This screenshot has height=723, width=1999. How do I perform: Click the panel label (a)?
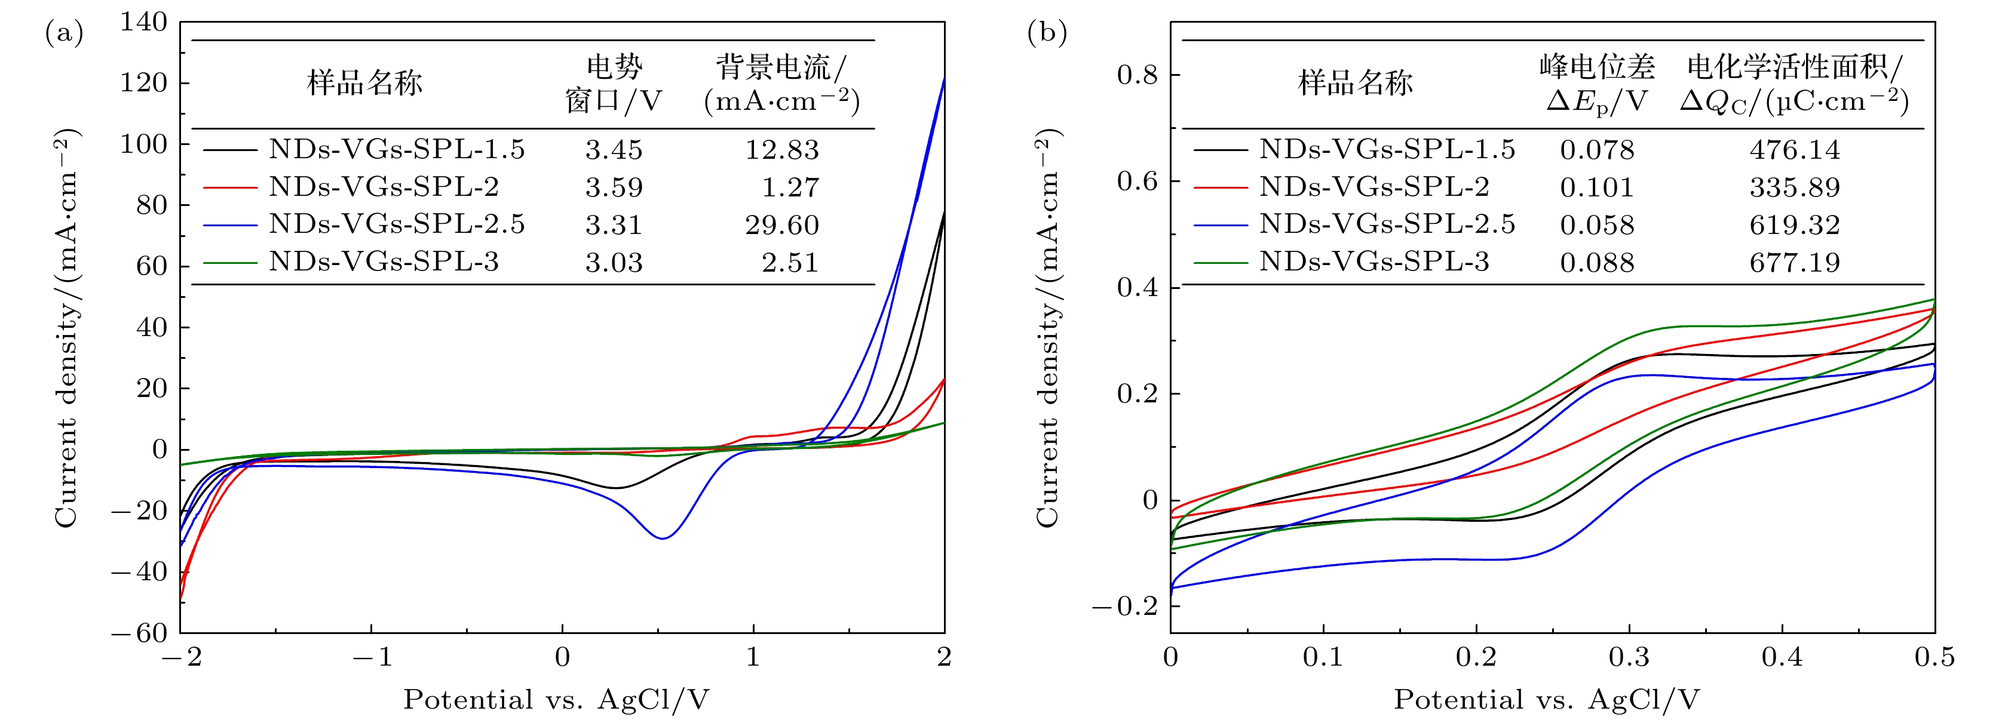[x=64, y=33]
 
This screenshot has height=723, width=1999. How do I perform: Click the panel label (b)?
[x=1047, y=33]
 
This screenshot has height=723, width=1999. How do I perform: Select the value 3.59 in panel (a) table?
[x=614, y=187]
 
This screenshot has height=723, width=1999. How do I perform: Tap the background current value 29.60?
[x=781, y=225]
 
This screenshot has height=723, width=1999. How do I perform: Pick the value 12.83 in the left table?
[x=781, y=150]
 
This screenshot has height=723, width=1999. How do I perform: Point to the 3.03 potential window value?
[x=614, y=263]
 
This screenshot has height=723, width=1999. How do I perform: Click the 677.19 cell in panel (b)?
[x=1794, y=263]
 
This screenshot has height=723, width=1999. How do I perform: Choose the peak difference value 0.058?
[x=1596, y=225]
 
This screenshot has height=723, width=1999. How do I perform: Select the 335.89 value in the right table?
[x=1794, y=187]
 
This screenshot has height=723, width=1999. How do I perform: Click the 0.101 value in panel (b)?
[x=1596, y=187]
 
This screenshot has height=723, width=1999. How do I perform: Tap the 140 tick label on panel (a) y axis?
[x=143, y=23]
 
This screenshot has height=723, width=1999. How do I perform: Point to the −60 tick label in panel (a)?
[x=140, y=633]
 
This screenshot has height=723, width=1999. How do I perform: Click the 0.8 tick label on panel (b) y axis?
[x=1137, y=75]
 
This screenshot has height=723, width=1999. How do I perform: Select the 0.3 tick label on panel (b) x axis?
[x=1629, y=658]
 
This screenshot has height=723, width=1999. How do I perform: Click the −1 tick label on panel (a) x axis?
[x=372, y=658]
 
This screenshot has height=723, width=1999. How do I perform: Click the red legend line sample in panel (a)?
[x=229, y=187]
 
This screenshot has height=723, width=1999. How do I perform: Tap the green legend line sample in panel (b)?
[x=1220, y=263]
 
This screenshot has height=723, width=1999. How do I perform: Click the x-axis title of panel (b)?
[x=1547, y=700]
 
